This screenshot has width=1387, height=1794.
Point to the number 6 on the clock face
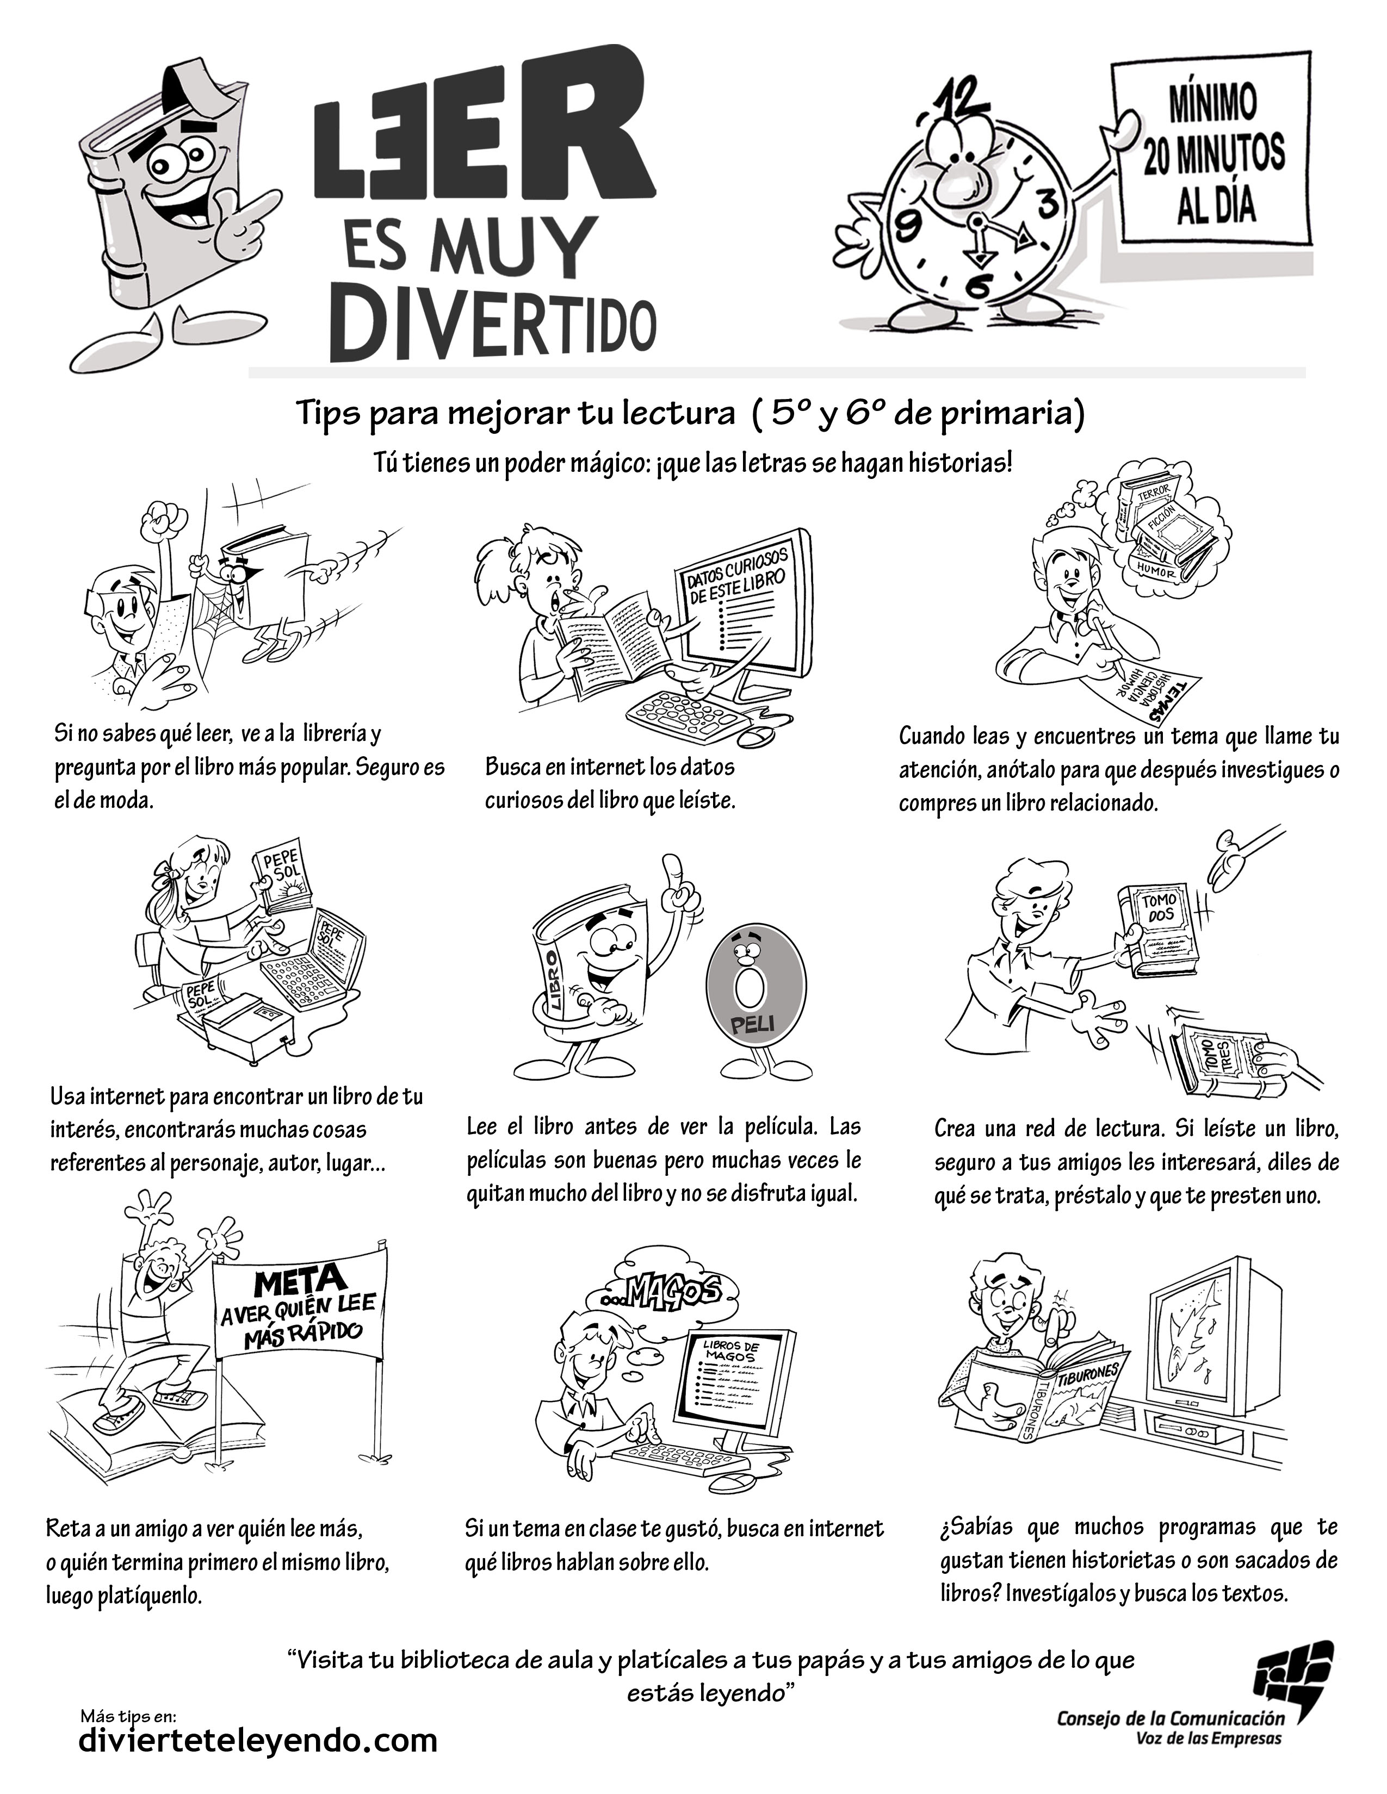979,288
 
